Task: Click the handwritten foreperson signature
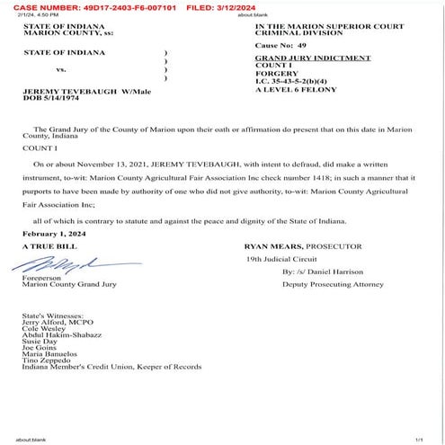[x=58, y=263]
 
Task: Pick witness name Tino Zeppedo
[x=49, y=360]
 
